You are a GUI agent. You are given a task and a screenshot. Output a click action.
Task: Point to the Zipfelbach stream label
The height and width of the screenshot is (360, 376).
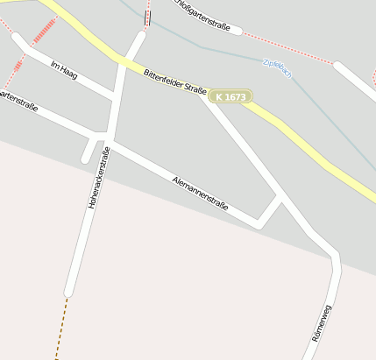(277, 69)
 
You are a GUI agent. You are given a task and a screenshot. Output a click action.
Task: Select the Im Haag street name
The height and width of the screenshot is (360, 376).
(64, 71)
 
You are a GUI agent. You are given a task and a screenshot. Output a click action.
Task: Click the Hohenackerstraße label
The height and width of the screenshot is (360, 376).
(98, 178)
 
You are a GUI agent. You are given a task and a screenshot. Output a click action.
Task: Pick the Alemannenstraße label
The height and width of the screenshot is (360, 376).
(200, 194)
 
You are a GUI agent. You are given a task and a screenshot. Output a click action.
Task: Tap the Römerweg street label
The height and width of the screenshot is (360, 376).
(322, 322)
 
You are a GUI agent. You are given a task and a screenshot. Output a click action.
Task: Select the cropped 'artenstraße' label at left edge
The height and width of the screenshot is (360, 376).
(18, 100)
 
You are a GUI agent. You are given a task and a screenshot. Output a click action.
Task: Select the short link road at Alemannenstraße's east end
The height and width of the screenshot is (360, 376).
(270, 211)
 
